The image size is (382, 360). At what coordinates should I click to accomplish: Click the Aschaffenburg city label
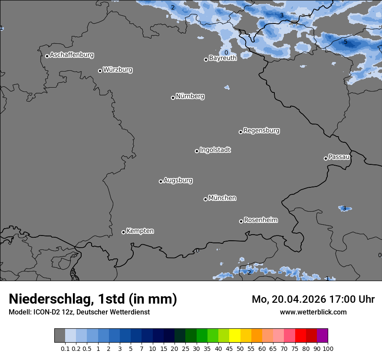[72, 55]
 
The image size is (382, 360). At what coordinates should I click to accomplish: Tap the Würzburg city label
[118, 70]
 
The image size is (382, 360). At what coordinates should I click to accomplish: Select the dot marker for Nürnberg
[173, 98]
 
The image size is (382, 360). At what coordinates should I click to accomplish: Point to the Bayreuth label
[223, 58]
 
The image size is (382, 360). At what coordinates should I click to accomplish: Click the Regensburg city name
[261, 131]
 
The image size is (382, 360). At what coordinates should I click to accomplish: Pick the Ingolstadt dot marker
[197, 151]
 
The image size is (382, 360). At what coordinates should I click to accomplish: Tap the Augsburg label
[178, 180]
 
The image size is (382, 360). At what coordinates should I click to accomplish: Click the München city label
[222, 198]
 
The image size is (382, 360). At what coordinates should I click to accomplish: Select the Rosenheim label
[260, 220]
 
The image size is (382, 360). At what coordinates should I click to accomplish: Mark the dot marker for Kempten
[123, 232]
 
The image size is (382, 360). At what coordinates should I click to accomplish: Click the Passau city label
[339, 157]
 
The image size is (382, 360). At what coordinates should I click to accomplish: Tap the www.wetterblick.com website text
[313, 312]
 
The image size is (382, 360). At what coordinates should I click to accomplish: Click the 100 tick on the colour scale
[328, 348]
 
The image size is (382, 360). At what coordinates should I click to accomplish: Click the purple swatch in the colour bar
[322, 336]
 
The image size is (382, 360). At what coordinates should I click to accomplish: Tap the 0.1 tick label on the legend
[65, 348]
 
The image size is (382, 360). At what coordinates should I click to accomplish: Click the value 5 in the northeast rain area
[346, 42]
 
